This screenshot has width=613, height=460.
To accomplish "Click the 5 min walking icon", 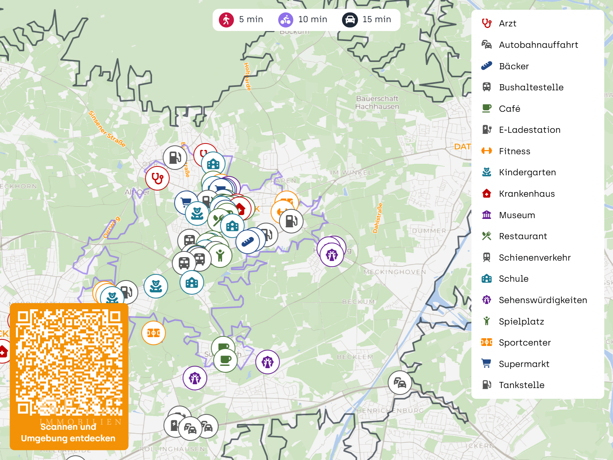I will [x=226, y=20].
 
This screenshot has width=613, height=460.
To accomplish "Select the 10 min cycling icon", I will [x=285, y=20].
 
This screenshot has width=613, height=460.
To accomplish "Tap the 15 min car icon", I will [x=350, y=20].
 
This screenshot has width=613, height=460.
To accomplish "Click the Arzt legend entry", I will [x=507, y=24].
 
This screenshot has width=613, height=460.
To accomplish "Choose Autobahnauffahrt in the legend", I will [x=538, y=45].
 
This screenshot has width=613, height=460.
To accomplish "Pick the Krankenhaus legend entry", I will [x=527, y=194].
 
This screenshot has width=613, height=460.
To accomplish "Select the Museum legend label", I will [x=517, y=215].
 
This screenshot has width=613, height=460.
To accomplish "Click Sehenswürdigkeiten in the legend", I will [x=543, y=300].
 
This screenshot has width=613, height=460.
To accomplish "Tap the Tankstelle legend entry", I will [x=521, y=385].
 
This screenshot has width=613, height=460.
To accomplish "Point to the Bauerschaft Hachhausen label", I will [x=377, y=103].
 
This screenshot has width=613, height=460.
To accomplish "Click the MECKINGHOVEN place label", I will [x=395, y=272].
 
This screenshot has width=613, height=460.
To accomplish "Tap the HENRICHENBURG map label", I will [x=390, y=410].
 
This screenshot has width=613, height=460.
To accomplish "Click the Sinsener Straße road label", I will [x=106, y=129].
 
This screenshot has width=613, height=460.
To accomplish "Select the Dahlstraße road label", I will [x=378, y=218].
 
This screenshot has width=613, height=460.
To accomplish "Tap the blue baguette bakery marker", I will [x=248, y=241].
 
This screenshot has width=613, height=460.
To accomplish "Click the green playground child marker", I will [x=220, y=255].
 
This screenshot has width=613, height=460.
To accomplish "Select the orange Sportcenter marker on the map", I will [x=153, y=333].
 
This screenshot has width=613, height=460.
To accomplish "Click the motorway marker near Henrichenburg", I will [x=400, y=382].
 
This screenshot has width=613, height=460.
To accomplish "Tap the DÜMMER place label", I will [x=429, y=231].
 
